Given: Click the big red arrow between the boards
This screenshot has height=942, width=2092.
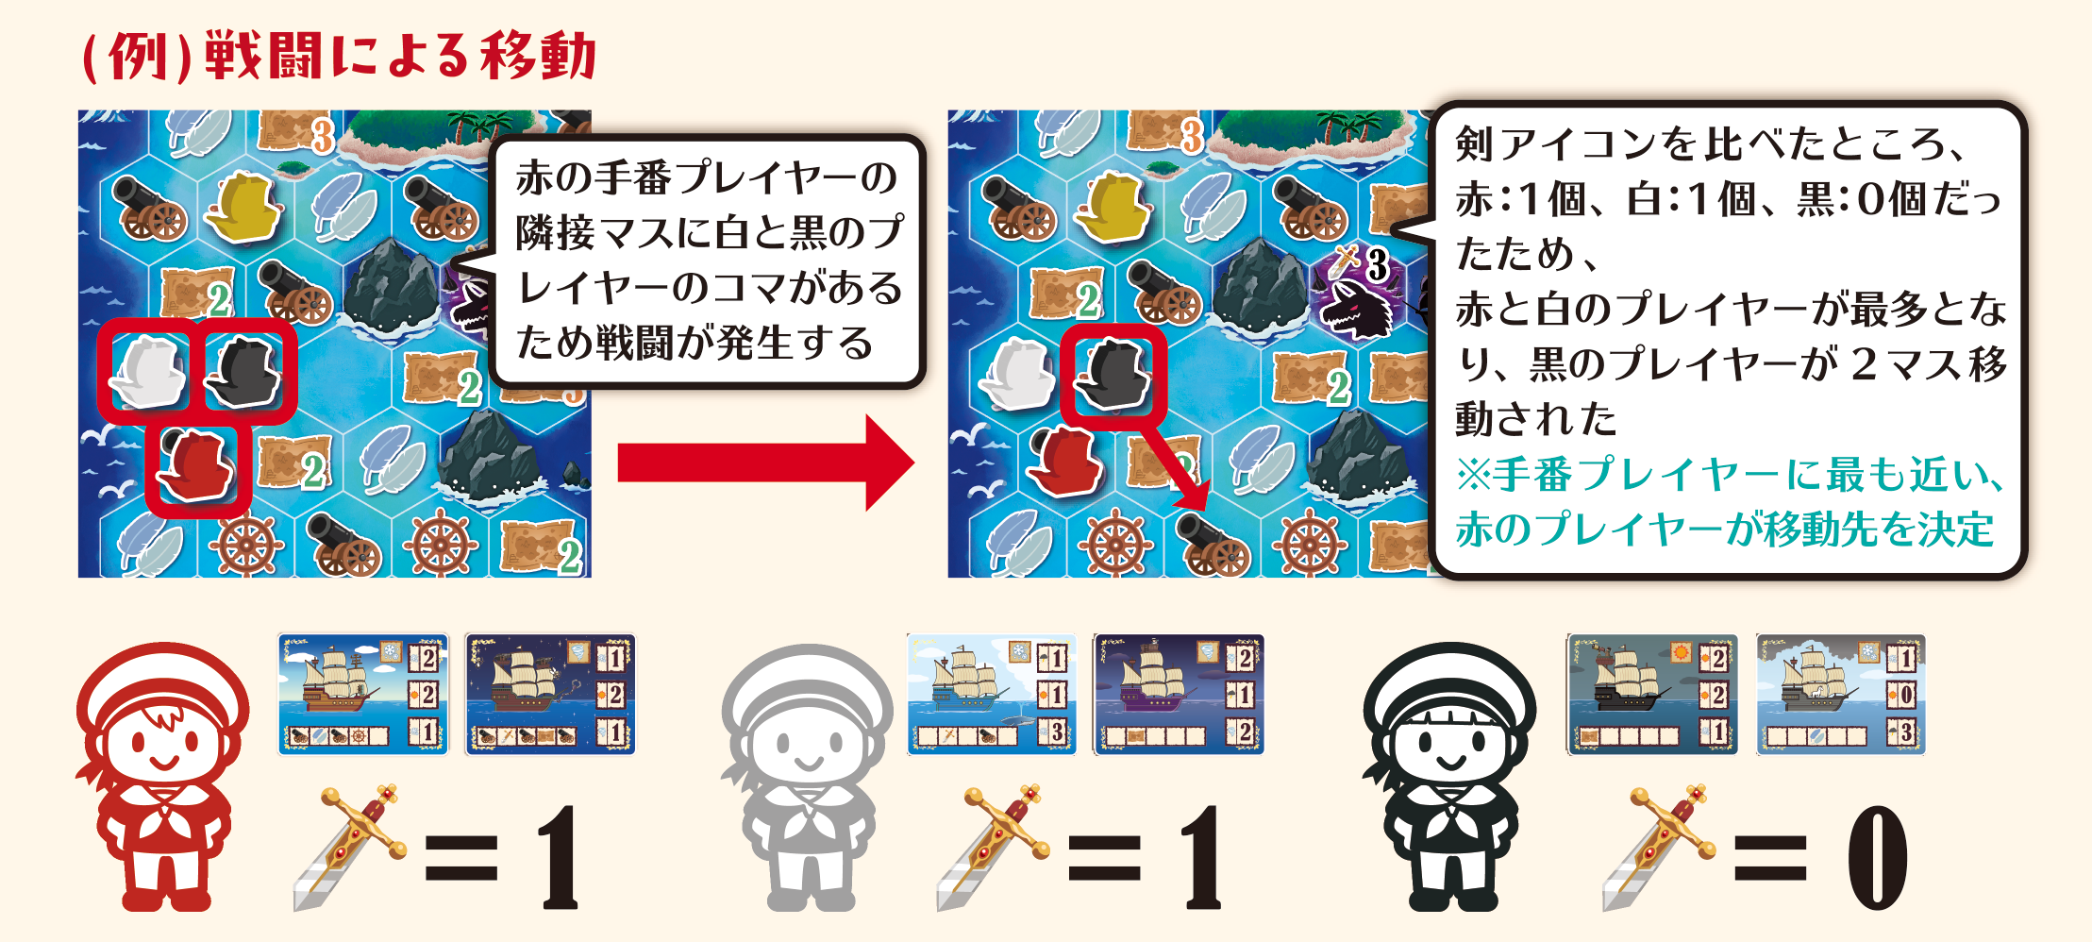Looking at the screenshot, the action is point(765,463).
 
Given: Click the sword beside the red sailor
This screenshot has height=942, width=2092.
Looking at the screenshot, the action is point(349,846).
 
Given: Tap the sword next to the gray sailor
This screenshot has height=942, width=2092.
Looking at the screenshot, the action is point(993,846).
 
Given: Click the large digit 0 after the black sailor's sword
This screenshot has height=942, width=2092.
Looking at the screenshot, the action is point(1877,857).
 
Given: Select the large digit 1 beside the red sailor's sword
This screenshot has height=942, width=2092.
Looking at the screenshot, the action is point(558,857).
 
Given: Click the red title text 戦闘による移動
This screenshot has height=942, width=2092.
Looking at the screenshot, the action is point(400,56).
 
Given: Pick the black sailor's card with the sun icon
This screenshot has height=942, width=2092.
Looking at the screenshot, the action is point(1651,695).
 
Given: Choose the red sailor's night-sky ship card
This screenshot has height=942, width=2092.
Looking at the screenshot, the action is point(550,695).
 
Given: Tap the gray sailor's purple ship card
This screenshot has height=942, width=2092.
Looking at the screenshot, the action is point(1179,695).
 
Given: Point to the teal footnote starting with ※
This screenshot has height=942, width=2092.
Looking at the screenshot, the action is point(1729,501).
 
